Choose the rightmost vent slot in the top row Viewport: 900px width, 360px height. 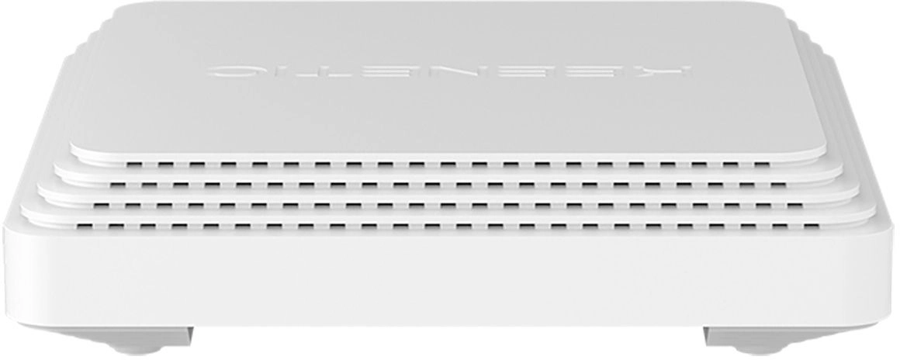(761, 164)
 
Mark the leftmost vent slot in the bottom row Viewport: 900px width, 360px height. (85, 227)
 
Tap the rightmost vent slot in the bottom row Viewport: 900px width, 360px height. (811, 227)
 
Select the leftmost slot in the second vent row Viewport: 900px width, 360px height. (118, 185)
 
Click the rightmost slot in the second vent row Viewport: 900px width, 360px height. (778, 185)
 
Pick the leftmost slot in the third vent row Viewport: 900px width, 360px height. (102, 205)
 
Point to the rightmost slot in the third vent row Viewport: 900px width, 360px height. (794, 205)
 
